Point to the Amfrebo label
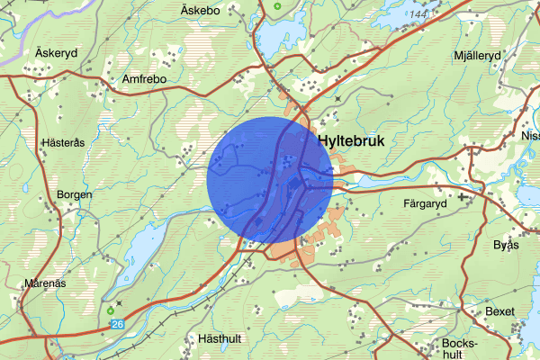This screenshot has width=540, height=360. coord(145,79)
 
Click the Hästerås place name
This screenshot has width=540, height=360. coord(63,142)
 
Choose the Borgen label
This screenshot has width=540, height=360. coord(75,194)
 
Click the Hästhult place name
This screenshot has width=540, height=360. coord(221,339)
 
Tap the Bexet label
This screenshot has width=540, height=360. coord(499,311)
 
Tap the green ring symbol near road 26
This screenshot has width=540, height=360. coord(112,311)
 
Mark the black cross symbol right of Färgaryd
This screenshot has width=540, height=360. coord(462,195)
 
